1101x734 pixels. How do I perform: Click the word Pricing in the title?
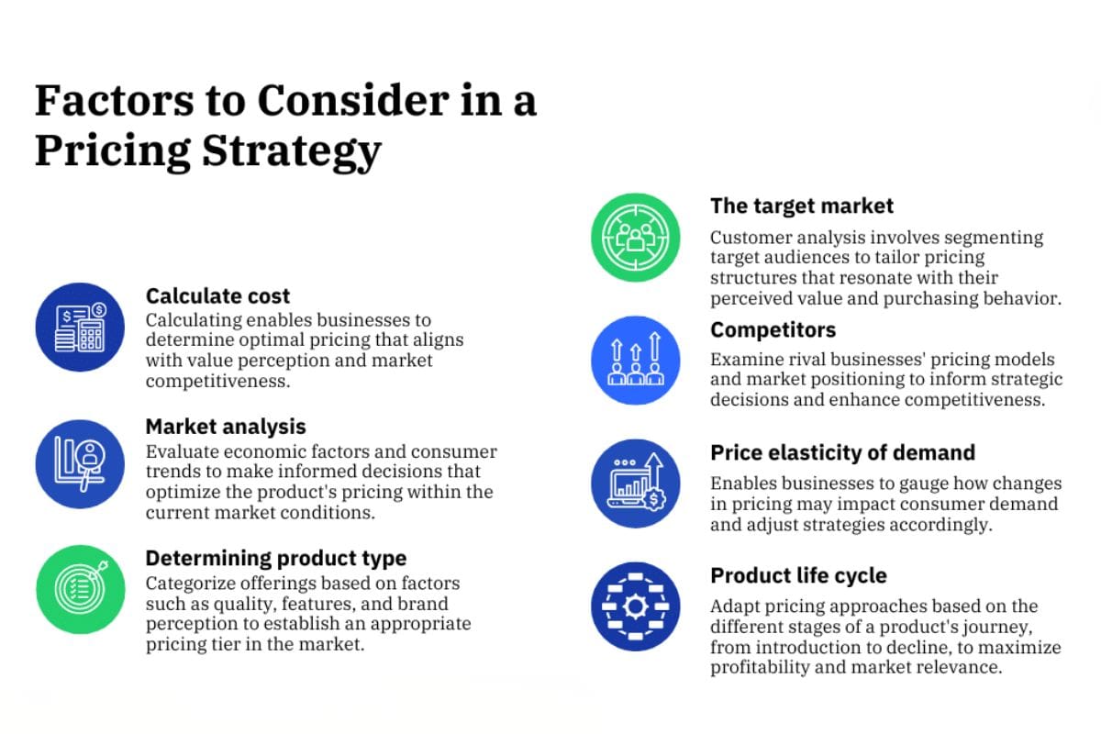(x=113, y=151)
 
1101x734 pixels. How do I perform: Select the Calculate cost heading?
(x=217, y=296)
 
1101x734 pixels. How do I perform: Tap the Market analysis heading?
(x=226, y=427)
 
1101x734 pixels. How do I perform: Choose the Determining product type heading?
(x=276, y=559)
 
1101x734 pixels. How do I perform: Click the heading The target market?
(x=802, y=206)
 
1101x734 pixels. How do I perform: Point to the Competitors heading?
(x=773, y=330)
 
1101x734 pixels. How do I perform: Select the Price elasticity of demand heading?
(x=842, y=453)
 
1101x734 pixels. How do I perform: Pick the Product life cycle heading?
(x=798, y=575)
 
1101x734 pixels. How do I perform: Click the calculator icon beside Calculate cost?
(x=80, y=327)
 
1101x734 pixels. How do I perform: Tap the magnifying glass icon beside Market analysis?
(x=80, y=464)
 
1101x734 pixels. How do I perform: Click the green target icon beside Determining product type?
(x=81, y=589)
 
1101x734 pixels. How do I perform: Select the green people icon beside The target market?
(x=636, y=238)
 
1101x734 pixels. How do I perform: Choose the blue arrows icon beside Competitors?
(x=636, y=361)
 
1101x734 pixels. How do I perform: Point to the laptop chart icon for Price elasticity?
(x=636, y=484)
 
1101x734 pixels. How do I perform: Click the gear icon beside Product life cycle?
(x=636, y=606)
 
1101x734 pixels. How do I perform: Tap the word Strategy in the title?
(x=292, y=151)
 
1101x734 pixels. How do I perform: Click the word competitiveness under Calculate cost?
(x=217, y=381)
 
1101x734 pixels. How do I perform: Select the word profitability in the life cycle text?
(x=760, y=667)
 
